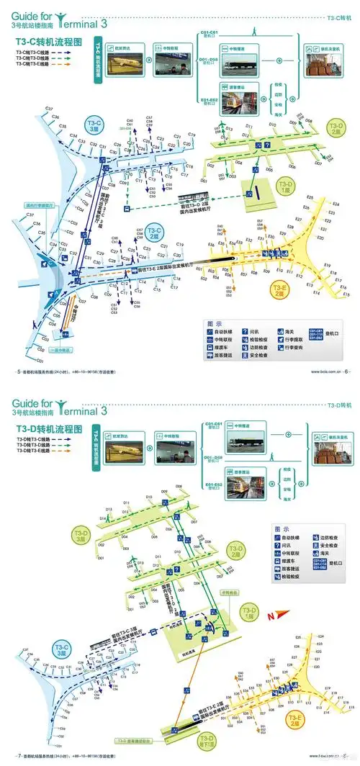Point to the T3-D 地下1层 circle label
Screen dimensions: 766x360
point(208,741)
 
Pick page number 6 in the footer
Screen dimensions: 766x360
point(346,371)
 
